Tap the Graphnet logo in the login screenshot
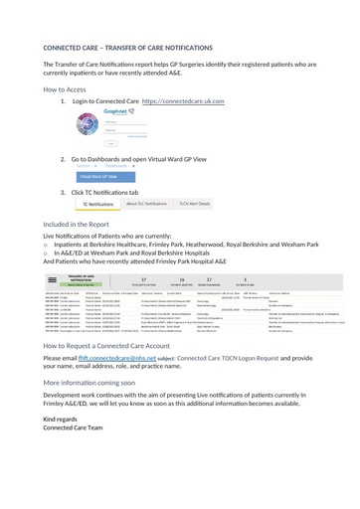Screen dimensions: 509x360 (x=121, y=113)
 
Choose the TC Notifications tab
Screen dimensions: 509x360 (x=97, y=203)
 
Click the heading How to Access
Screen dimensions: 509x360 (x=72, y=89)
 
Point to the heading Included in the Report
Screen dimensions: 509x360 (x=83, y=225)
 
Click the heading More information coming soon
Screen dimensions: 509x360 (x=90, y=381)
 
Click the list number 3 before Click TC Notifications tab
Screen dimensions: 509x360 (x=64, y=192)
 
